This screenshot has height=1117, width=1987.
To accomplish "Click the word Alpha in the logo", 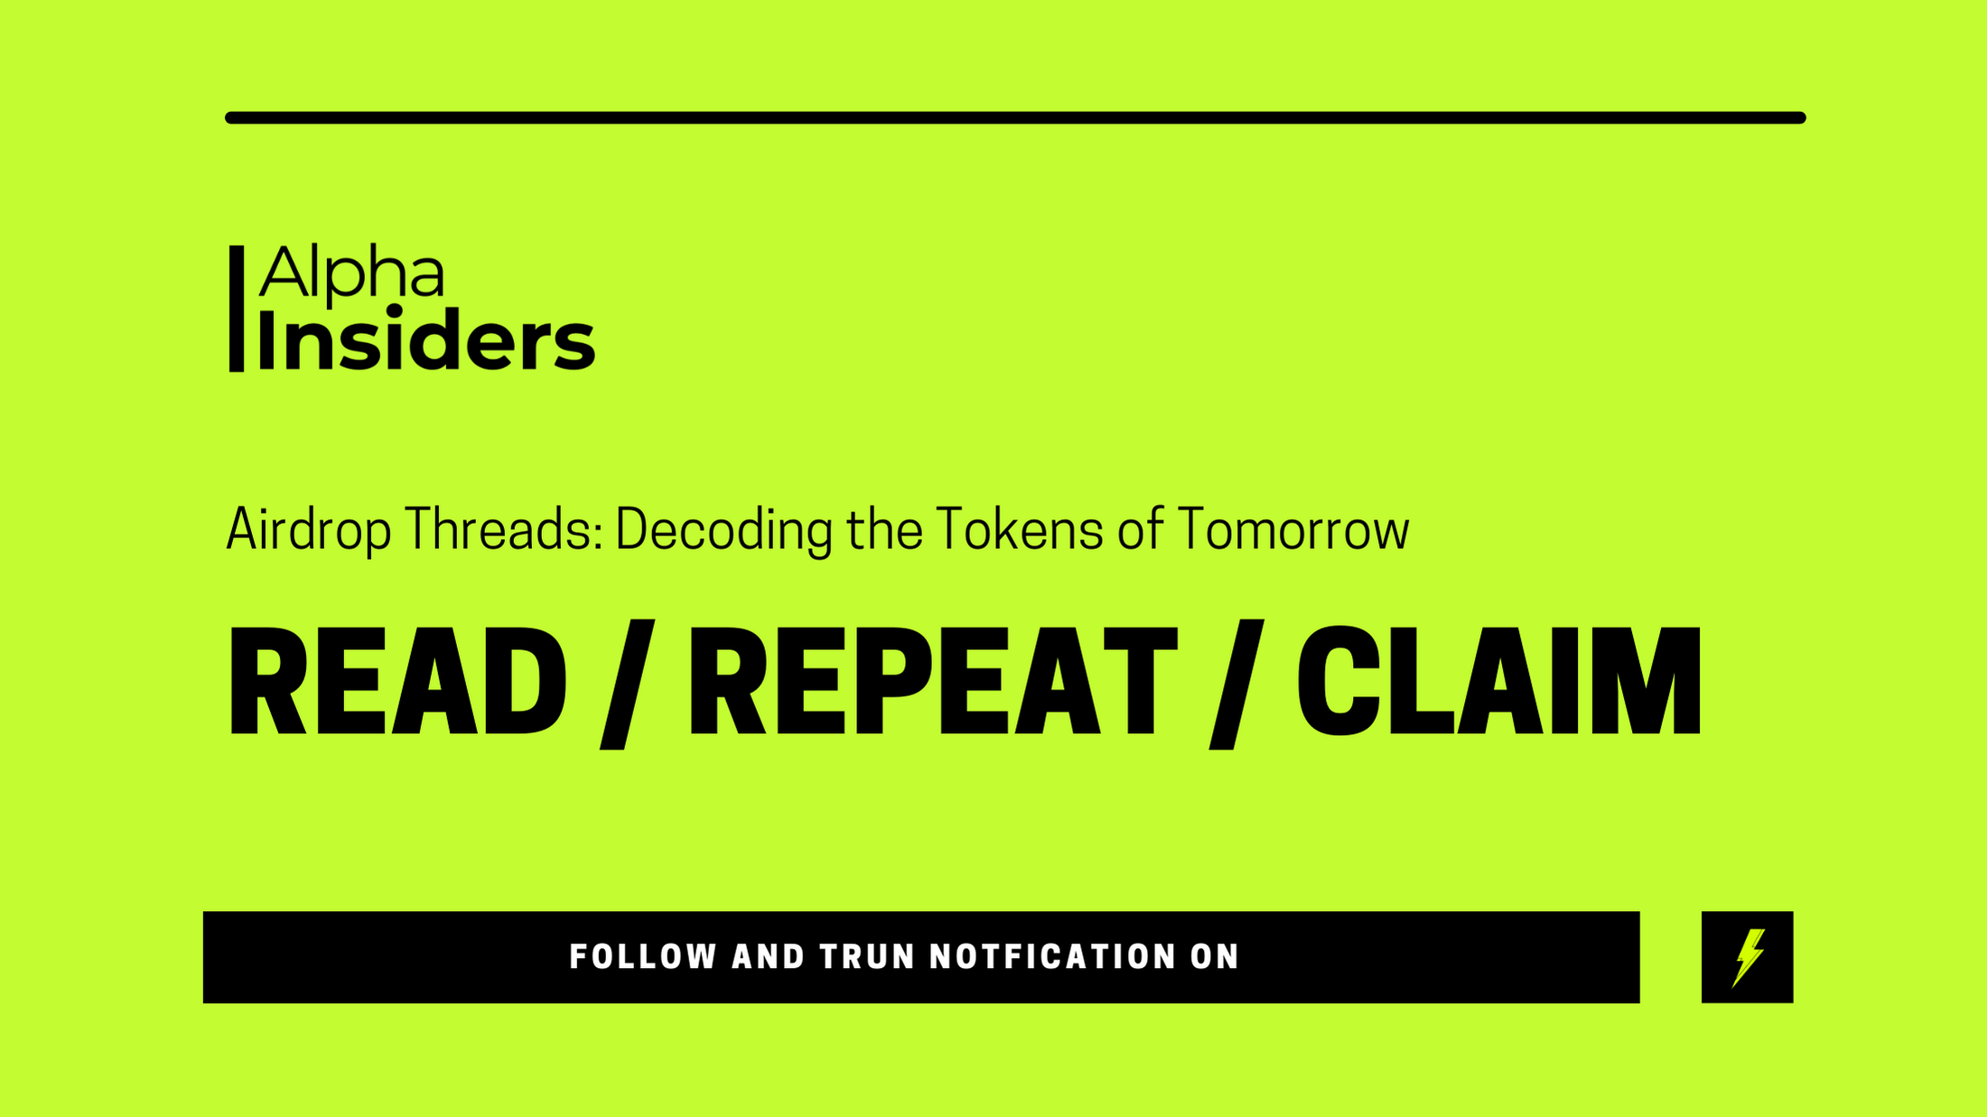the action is pos(351,272).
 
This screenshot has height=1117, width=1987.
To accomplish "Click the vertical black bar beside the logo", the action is pos(237,309).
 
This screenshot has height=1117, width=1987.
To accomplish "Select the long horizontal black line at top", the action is pos(1015,117).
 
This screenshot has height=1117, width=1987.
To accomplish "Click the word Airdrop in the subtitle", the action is pos(309,530).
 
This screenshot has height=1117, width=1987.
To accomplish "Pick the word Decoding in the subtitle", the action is pos(724,530).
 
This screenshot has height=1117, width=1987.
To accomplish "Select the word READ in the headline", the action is pos(397,681).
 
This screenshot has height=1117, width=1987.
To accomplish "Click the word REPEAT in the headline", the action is pos(933,681).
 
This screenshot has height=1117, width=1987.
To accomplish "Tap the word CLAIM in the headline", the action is pos(1499,681).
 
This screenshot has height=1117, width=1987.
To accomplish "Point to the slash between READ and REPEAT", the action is pos(628,684).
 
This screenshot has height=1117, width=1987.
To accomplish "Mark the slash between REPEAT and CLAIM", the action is pos(1236,684).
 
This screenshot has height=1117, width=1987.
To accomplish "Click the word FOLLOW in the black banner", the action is pos(643,957).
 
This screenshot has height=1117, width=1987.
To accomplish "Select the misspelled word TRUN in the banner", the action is pos(866,957).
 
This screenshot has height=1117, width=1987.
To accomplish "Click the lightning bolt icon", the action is pos(1748,957).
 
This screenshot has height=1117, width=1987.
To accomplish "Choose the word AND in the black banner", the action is pos(768,957).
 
